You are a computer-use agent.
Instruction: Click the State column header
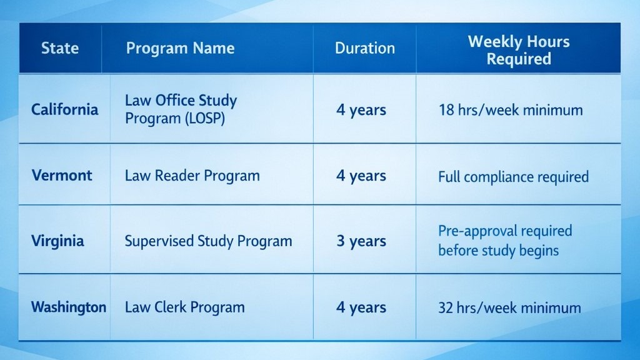60,48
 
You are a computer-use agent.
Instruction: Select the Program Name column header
180,48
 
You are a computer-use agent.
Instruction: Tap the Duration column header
365,48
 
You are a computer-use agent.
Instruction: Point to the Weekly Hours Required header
519,50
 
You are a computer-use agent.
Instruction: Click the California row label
65,109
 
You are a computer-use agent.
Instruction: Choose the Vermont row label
62,175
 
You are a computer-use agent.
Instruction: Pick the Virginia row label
57,241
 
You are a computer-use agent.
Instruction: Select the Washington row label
68,307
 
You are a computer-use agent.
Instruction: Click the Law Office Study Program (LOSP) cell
181,109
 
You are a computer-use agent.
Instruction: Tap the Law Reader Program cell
192,176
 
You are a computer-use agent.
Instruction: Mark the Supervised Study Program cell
208,241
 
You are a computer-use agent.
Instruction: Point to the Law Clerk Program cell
185,307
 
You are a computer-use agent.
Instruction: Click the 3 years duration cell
361,241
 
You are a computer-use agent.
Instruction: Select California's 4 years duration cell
361,110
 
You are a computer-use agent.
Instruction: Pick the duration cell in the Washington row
361,307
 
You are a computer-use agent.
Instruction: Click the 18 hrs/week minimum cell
511,111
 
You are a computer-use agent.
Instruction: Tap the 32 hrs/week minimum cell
509,307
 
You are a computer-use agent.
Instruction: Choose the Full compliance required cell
513,176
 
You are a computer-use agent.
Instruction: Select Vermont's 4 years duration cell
361,176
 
